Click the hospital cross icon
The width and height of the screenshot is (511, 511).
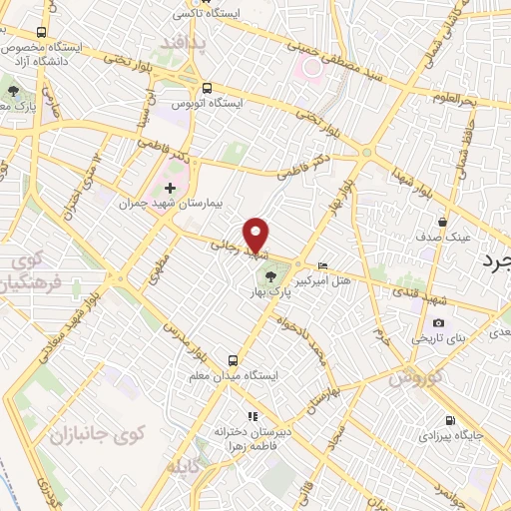click(x=170, y=187)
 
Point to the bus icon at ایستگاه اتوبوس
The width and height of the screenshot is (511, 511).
click(x=208, y=88)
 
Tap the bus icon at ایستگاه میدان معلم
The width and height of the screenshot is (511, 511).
click(x=233, y=360)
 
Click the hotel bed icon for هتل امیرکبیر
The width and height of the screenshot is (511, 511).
click(x=321, y=265)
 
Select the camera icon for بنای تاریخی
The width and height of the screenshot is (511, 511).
click(x=438, y=322)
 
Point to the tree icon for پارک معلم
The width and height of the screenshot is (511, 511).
click(x=13, y=91)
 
